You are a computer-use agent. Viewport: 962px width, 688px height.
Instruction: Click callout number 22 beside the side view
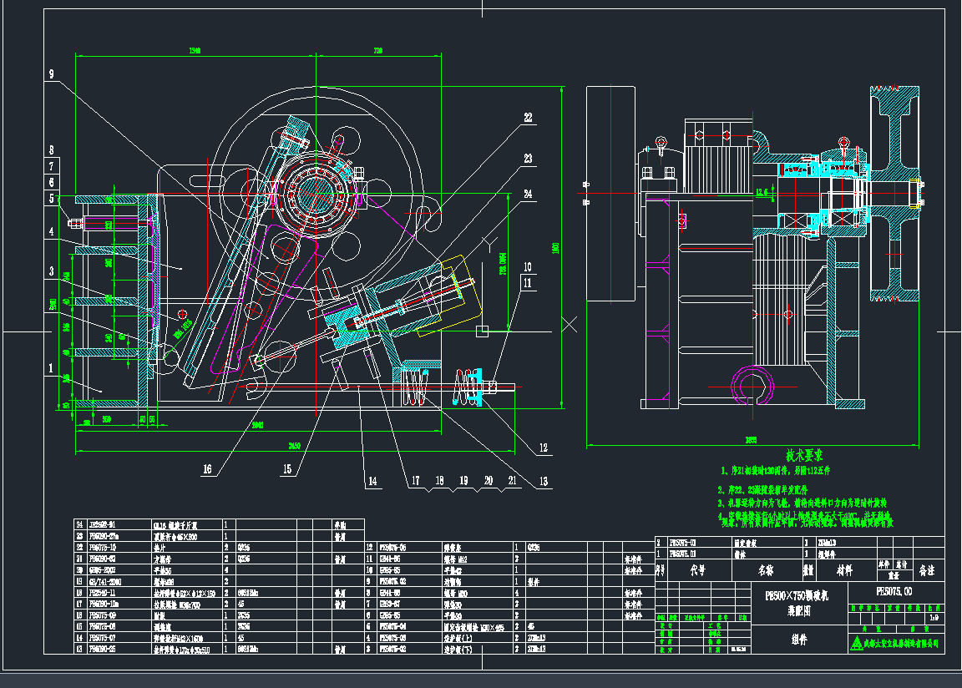528,118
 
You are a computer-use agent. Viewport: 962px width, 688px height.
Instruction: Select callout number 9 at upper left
51,74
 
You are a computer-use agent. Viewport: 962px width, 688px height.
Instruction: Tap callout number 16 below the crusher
206,469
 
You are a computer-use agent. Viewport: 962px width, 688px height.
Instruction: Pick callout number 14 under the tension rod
372,481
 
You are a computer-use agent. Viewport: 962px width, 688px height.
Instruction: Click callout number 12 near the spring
544,448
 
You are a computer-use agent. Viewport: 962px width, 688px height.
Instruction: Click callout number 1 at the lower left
51,367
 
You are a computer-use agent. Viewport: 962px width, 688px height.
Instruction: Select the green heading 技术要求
804,456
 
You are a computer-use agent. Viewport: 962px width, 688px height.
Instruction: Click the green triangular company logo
857,643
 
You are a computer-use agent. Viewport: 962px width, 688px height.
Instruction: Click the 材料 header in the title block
841,570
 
